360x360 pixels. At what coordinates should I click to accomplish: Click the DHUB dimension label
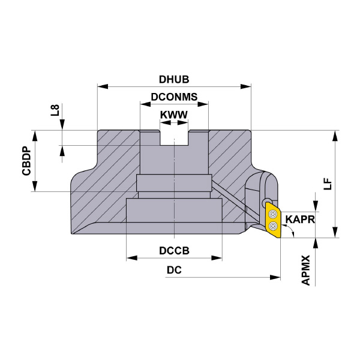tap(174, 79)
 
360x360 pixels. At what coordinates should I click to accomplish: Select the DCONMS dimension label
tap(174, 96)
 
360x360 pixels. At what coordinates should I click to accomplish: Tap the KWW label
tap(174, 114)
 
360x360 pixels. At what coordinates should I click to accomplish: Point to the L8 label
tap(55, 110)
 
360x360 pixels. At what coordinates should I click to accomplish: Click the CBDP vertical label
tap(26, 161)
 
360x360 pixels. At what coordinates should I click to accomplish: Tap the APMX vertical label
tap(306, 269)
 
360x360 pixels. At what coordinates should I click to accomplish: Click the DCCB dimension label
tap(174, 250)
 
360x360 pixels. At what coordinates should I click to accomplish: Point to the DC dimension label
tap(174, 270)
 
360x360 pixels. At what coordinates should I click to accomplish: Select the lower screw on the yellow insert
tap(274, 227)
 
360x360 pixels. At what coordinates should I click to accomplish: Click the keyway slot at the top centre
tap(174, 137)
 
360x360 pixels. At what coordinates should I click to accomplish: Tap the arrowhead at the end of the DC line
tap(277, 278)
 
